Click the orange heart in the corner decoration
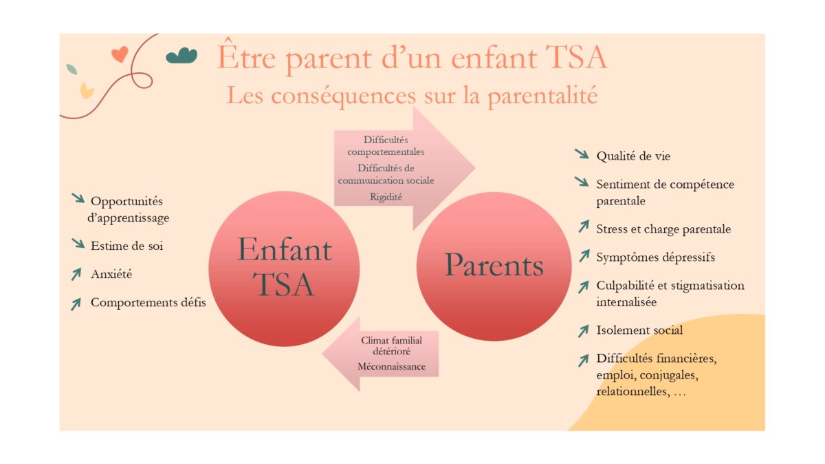pyautogui.click(x=120, y=54)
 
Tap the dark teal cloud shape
pyautogui.click(x=181, y=56)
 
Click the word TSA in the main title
pyautogui.click(x=575, y=57)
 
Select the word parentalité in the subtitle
pyautogui.click(x=542, y=95)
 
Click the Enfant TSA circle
pyautogui.click(x=284, y=268)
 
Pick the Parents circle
pyautogui.click(x=494, y=266)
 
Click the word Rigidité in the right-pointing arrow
pyautogui.click(x=386, y=197)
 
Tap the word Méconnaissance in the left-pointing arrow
pyautogui.click(x=391, y=366)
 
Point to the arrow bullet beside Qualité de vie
pyautogui.click(x=582, y=154)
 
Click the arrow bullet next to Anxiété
pyautogui.click(x=76, y=274)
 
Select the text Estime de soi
pyautogui.click(x=126, y=246)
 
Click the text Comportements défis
pyautogui.click(x=148, y=302)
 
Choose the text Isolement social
pyautogui.click(x=639, y=330)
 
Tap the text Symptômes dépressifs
pyautogui.click(x=656, y=257)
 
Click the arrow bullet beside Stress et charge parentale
pyautogui.click(x=584, y=226)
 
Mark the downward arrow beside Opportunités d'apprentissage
pyautogui.click(x=78, y=198)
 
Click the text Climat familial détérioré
pyautogui.click(x=391, y=346)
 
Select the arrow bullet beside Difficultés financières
pyautogui.click(x=584, y=361)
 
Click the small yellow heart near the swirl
pyautogui.click(x=87, y=91)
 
